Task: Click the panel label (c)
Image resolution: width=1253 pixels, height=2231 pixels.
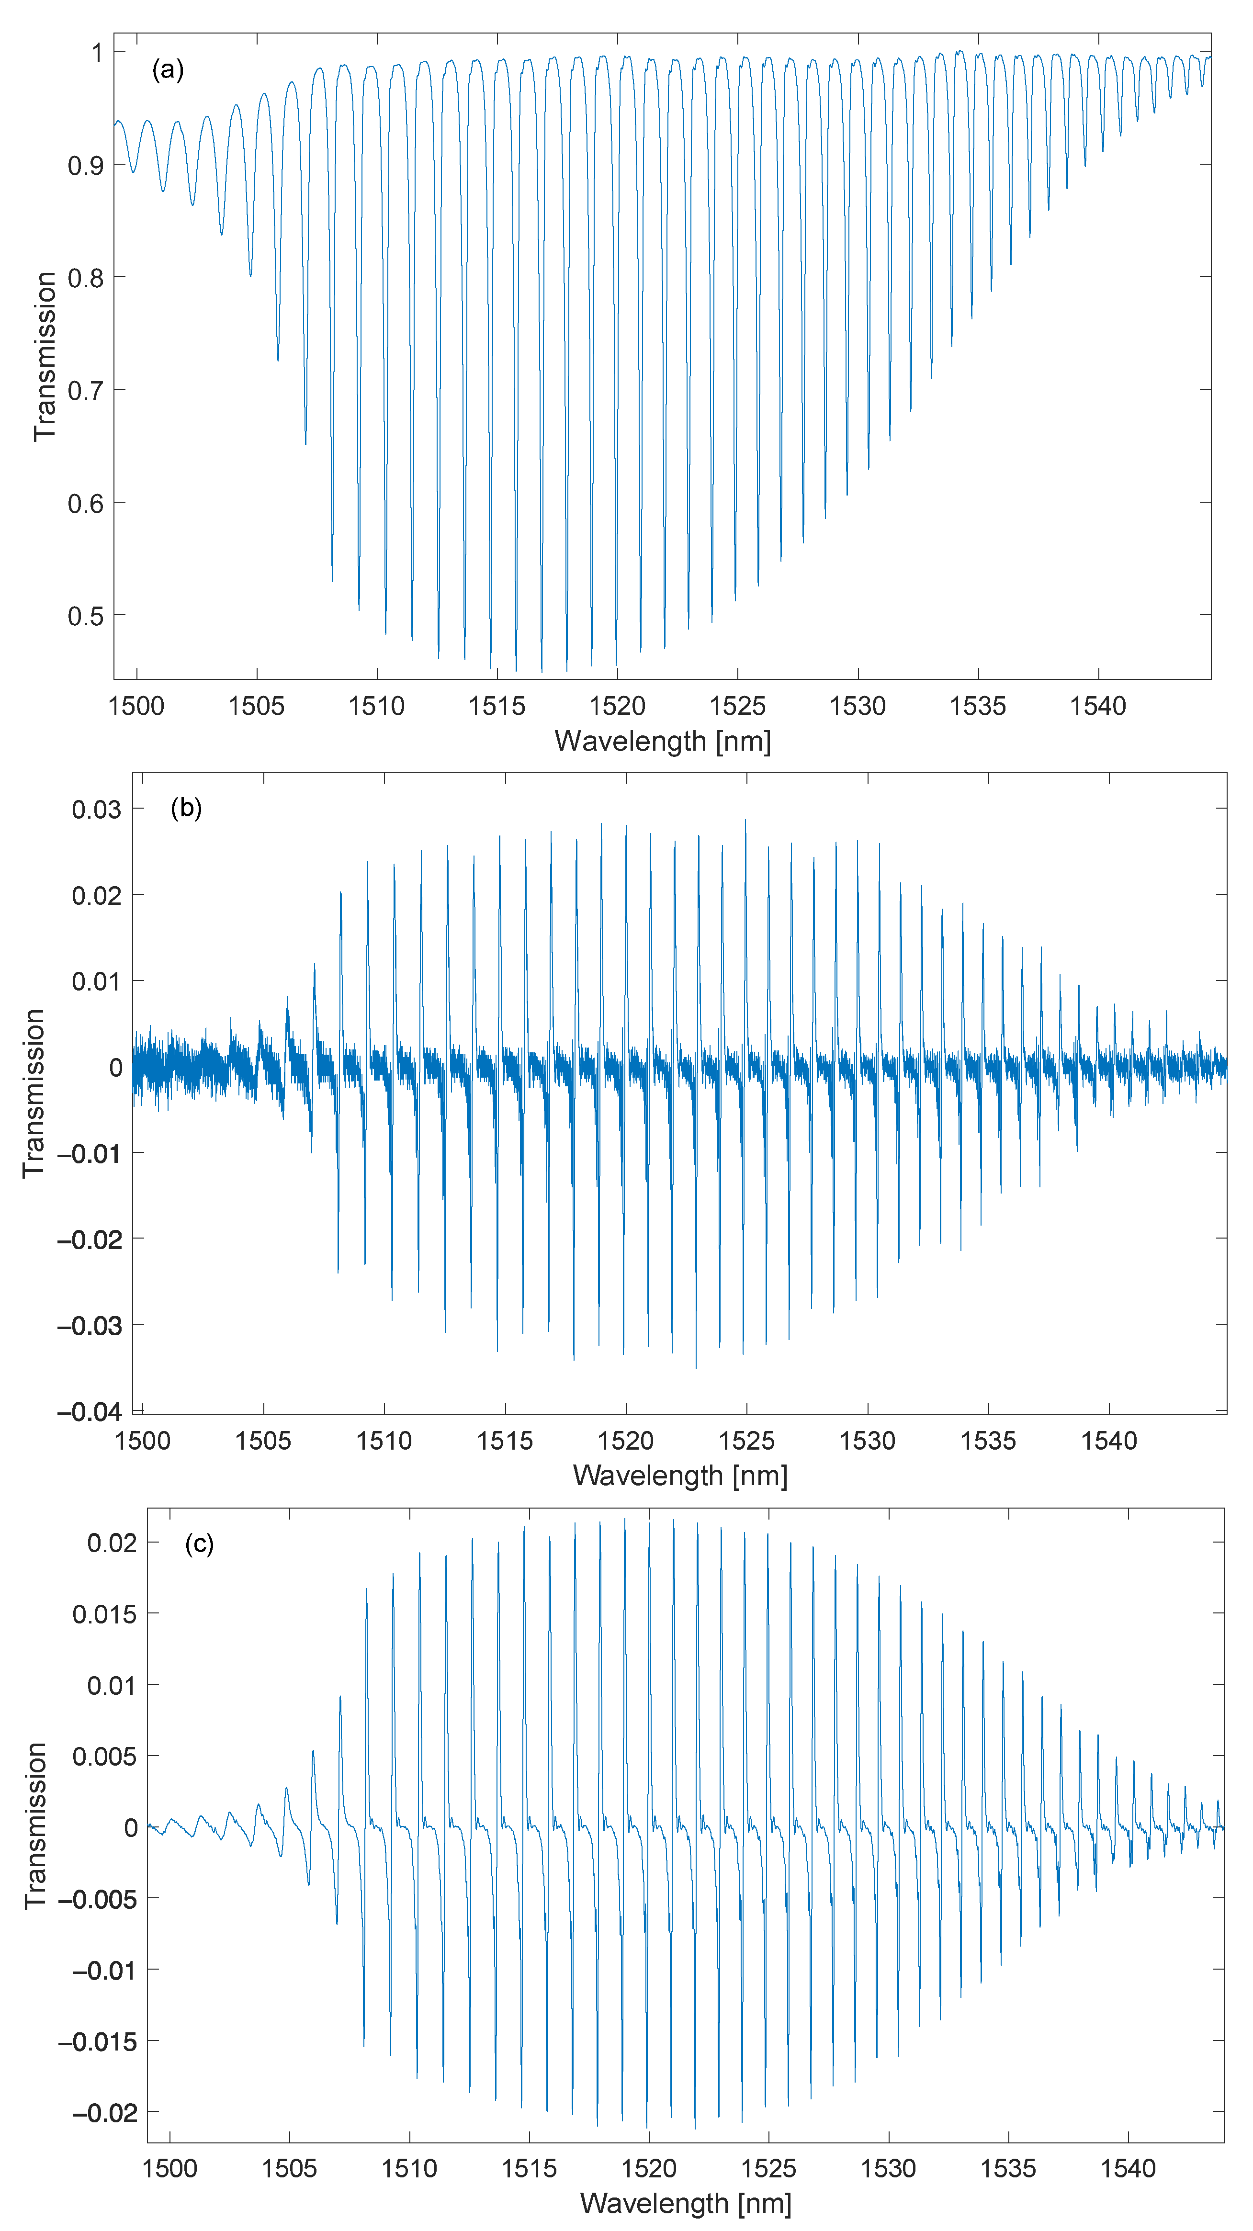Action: click(199, 1544)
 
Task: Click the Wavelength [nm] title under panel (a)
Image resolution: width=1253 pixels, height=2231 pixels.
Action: click(663, 742)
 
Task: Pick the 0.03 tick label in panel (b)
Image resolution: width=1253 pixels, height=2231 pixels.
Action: click(96, 809)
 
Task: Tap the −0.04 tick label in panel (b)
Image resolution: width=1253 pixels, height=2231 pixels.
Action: click(89, 1412)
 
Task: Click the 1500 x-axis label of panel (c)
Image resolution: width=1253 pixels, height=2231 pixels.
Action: click(169, 2168)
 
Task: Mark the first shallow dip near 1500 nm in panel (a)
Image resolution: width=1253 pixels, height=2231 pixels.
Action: click(133, 170)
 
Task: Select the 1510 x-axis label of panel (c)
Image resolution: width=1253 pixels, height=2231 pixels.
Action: click(409, 2168)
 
